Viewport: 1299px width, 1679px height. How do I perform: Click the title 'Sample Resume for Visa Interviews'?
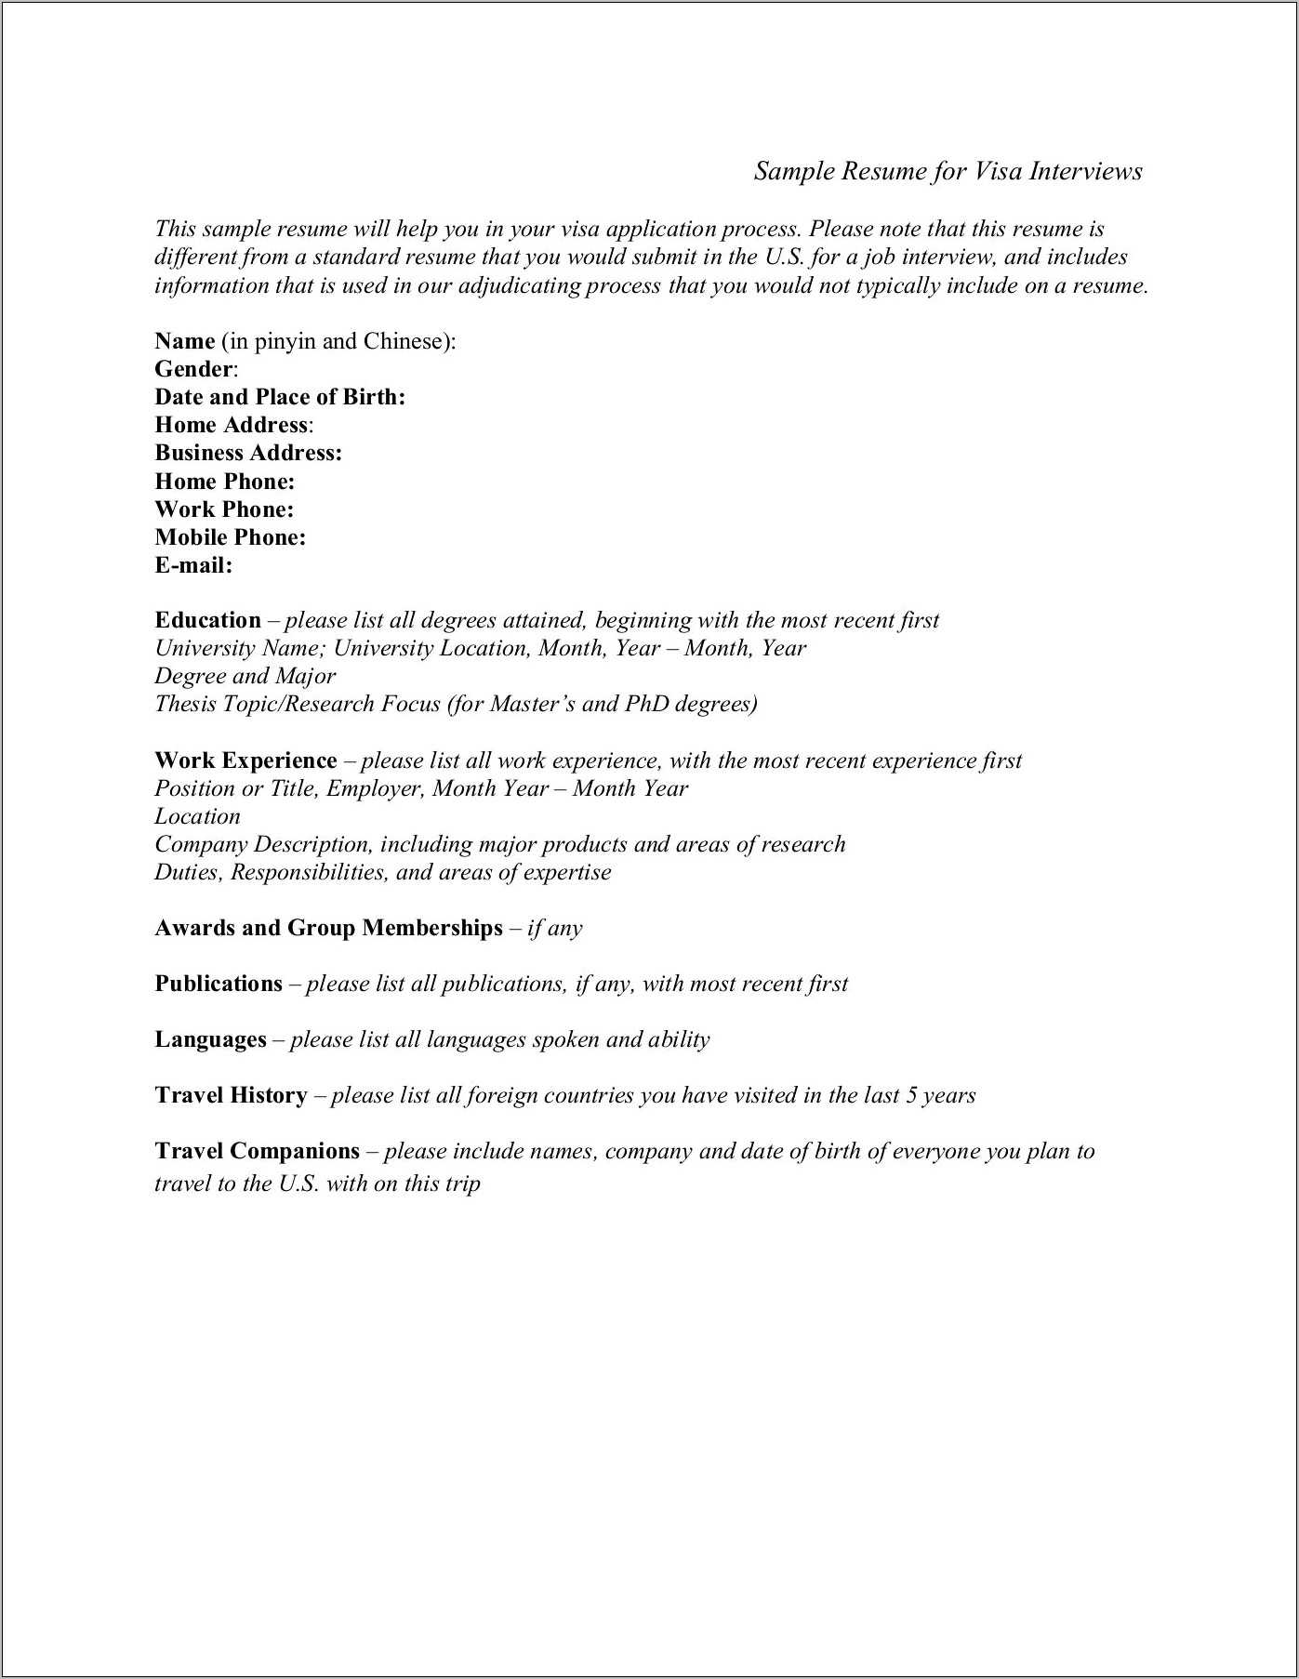coord(948,171)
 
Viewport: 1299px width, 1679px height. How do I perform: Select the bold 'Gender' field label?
coord(193,369)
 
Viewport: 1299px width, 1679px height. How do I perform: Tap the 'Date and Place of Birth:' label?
coord(280,397)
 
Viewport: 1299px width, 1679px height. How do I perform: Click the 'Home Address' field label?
coord(231,425)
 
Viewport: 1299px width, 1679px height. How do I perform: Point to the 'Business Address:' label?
coord(248,453)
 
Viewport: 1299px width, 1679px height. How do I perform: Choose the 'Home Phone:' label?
coord(224,482)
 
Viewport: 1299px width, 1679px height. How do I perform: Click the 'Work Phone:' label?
coord(224,509)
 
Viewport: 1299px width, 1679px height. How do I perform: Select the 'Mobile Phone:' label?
coord(230,537)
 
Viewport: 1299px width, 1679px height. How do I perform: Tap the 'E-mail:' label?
coord(193,565)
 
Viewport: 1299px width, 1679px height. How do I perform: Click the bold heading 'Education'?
coord(207,620)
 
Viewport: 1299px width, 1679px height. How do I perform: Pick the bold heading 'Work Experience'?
coord(245,760)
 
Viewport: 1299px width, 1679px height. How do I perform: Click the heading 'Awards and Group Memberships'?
coord(328,928)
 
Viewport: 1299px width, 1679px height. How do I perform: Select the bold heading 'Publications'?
coord(219,984)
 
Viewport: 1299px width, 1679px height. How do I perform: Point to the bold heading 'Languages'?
coord(210,1039)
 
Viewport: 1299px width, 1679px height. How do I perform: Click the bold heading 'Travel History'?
coord(231,1095)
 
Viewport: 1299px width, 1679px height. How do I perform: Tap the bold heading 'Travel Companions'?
coord(257,1151)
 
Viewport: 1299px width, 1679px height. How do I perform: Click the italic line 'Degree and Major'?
coord(245,676)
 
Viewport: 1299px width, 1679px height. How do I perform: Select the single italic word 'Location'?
coord(197,816)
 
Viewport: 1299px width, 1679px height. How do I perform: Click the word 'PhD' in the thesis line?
coord(647,704)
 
